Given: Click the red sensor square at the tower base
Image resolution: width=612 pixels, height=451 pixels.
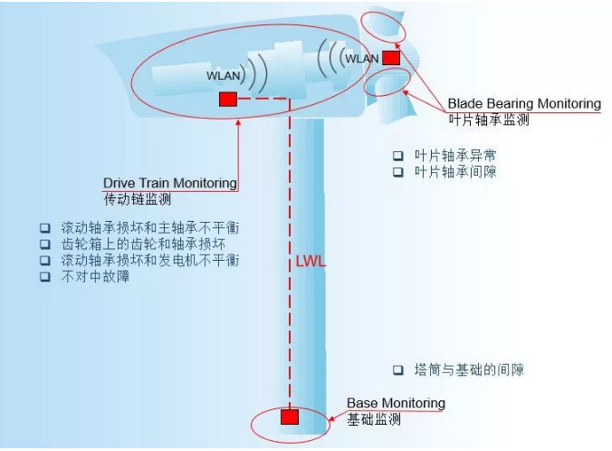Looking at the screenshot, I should (289, 417).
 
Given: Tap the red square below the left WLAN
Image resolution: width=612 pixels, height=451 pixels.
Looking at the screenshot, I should (228, 99).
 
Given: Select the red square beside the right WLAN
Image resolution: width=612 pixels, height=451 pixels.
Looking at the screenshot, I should (391, 58).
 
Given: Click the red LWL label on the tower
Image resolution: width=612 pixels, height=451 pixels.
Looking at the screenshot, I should (311, 262).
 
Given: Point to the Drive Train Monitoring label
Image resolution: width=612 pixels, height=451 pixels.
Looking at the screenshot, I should (170, 183).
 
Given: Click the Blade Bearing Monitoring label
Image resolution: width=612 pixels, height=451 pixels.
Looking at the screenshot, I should (523, 103).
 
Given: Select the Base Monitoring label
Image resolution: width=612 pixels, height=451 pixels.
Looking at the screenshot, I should (396, 403).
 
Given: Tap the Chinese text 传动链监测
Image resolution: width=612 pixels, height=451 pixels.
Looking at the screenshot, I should (137, 199).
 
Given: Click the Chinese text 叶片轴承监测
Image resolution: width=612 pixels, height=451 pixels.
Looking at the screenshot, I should (488, 119).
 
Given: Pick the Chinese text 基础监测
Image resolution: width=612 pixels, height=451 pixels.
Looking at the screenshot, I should (374, 419).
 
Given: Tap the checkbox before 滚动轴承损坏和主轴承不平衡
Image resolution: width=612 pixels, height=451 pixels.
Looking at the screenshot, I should (44, 227).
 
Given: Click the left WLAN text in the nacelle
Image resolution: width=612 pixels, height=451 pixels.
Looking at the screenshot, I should (224, 77).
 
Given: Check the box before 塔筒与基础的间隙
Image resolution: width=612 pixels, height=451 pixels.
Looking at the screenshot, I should (397, 369).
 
